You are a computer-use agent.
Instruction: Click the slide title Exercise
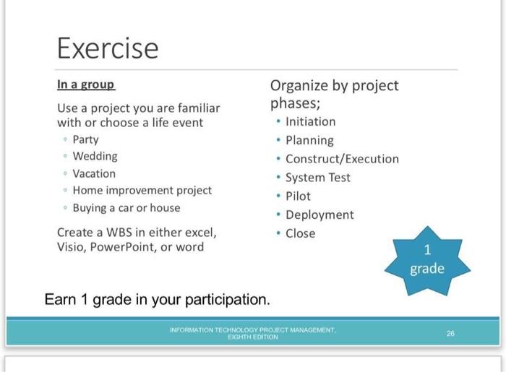pyautogui.click(x=107, y=48)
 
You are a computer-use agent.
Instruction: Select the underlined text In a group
pyautogui.click(x=85, y=85)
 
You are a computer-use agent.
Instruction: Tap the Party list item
pyautogui.click(x=85, y=139)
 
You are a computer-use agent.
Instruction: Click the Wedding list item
pyautogui.click(x=95, y=156)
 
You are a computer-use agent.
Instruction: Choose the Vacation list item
pyautogui.click(x=94, y=173)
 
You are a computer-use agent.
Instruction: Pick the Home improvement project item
pyautogui.click(x=142, y=191)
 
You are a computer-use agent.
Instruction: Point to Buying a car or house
pyautogui.click(x=126, y=208)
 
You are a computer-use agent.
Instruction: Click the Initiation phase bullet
pyautogui.click(x=310, y=121)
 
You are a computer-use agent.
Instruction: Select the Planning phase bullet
pyautogui.click(x=309, y=140)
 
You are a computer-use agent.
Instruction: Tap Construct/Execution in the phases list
pyautogui.click(x=342, y=159)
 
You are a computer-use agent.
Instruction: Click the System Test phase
pyautogui.click(x=317, y=178)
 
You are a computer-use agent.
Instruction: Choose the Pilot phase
pyautogui.click(x=298, y=196)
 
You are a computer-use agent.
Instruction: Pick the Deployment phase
pyautogui.click(x=320, y=215)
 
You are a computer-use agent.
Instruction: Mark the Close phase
pyautogui.click(x=300, y=233)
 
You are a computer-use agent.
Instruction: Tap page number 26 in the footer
pyautogui.click(x=450, y=333)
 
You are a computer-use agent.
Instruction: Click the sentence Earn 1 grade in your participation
pyautogui.click(x=157, y=299)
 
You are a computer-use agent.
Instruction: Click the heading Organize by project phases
pyautogui.click(x=334, y=94)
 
